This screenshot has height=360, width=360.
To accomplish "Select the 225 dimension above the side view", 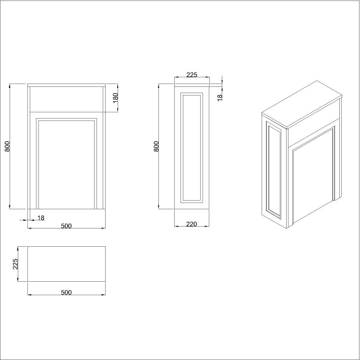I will coord(192,74).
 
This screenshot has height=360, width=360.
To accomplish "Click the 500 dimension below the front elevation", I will coord(66,226).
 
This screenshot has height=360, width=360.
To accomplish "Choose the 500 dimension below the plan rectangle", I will coord(66,292).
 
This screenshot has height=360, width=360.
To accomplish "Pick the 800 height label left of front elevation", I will coord(7,146).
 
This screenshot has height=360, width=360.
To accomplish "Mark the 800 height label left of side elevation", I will coord(156,146).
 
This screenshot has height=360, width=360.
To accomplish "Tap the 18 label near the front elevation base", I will coord(41,218).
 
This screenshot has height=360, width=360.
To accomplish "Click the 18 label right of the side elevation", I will coord(220,97).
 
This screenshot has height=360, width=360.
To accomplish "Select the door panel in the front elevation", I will coord(67,163).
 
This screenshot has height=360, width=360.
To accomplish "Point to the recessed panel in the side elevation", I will coord(192,146).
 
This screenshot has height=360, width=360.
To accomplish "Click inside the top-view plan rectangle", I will coord(66,264).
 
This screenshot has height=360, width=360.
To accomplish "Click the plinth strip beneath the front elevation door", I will coord(67,207).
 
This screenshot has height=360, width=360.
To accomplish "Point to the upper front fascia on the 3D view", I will coord(314,124).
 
